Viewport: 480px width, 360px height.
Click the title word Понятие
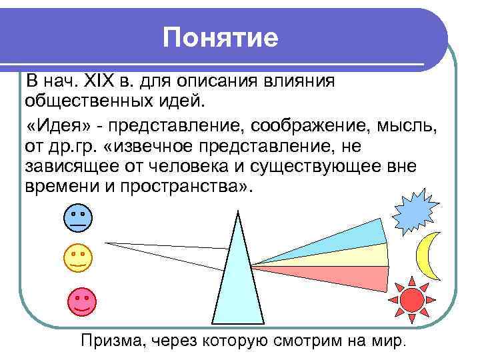coord(221,38)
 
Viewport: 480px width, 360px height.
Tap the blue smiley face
coord(78,219)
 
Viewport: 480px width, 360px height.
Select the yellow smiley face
coord(78,258)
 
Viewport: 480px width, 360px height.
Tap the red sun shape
coord(411,299)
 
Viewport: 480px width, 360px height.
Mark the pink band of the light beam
coord(333,273)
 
